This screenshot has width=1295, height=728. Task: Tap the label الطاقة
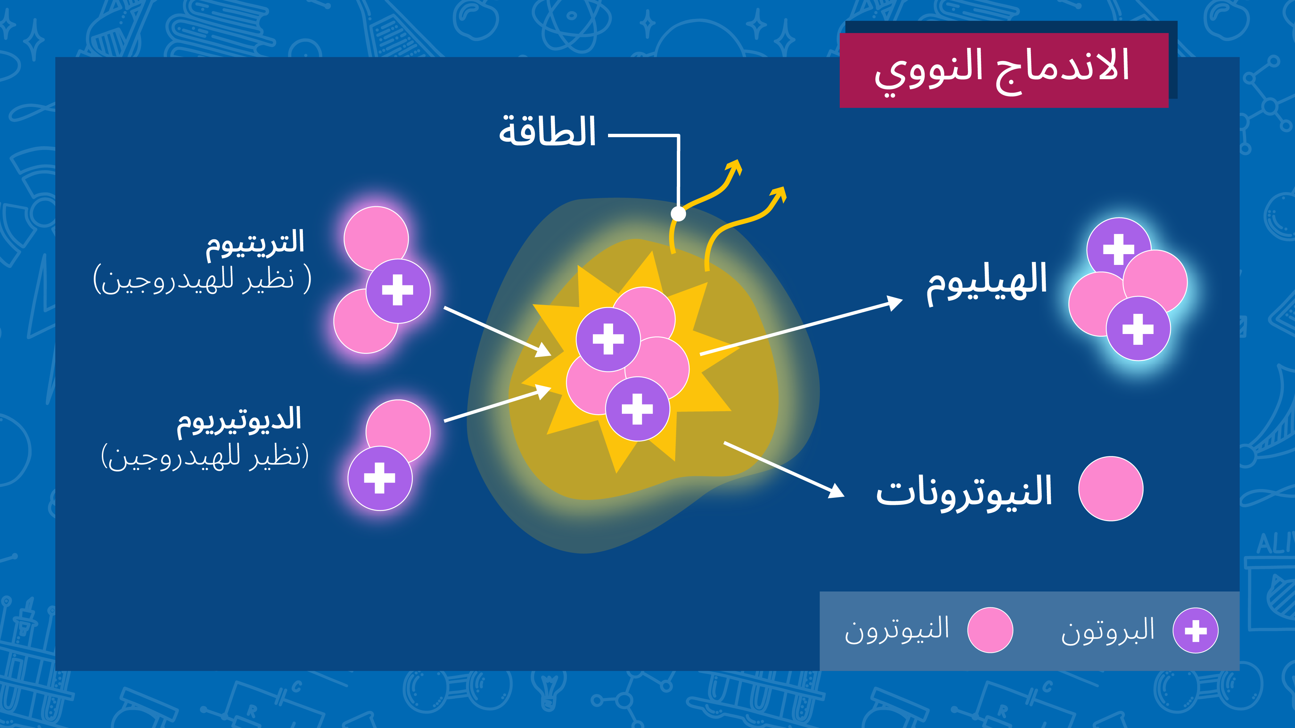[x=547, y=132]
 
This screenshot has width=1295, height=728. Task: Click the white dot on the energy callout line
[x=678, y=214]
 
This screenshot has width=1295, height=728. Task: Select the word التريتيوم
[x=255, y=243]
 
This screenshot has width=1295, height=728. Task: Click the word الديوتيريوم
[x=239, y=420]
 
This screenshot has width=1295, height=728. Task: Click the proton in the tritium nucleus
[x=398, y=291]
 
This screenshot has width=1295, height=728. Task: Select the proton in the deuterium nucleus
[x=380, y=478]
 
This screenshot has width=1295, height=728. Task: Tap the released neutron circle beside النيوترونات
[x=1111, y=488]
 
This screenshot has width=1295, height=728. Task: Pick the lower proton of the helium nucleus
[x=1138, y=329]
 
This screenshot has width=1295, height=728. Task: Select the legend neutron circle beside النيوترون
[x=990, y=630]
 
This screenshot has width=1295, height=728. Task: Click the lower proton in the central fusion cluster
[x=637, y=409]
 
